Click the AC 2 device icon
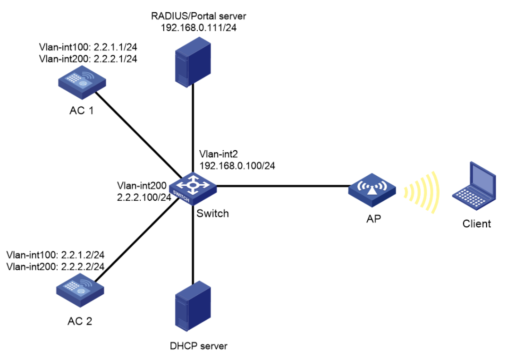[78, 294]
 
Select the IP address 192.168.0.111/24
[199, 27]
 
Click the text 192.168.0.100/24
[238, 165]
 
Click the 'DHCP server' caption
[198, 346]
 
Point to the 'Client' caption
[477, 223]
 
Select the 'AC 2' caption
[79, 322]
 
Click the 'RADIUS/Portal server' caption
[199, 16]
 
